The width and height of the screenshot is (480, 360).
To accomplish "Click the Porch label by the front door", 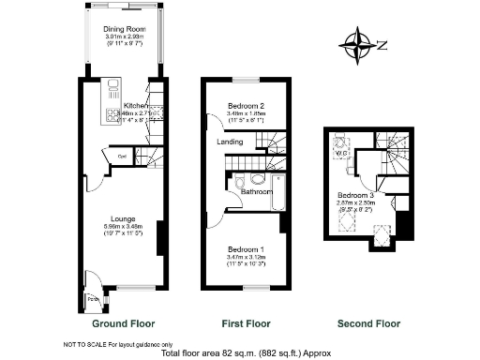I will coord(91,300).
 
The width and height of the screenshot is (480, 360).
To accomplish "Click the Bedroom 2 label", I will coord(247,105).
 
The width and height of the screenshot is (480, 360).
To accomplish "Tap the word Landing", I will coord(230,142).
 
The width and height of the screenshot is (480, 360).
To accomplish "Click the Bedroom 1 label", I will coord(247,248).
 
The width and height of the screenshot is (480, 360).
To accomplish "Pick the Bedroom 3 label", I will coord(356,197).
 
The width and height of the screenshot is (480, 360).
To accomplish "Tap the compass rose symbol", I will coord(358,43).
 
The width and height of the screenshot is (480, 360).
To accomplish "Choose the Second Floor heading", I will coord(368,323).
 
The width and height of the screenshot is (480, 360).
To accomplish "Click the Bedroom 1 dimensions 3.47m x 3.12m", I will coord(247,257).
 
